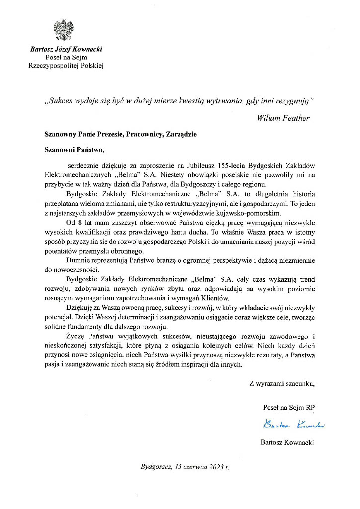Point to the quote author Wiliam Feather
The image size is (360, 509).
(x=283, y=118)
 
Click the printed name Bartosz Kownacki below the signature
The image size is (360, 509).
(x=287, y=442)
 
